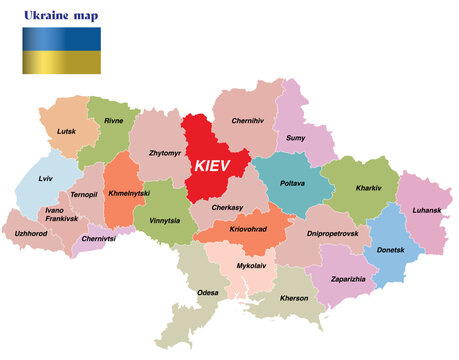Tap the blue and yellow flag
coord(61,50)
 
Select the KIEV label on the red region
coord(219,164)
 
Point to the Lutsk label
coord(66,131)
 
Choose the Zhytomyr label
coord(164,153)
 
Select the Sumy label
coord(296,137)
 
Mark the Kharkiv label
coord(368,187)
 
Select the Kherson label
coord(294,297)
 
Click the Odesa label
coord(208,292)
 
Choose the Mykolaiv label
coord(252,266)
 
